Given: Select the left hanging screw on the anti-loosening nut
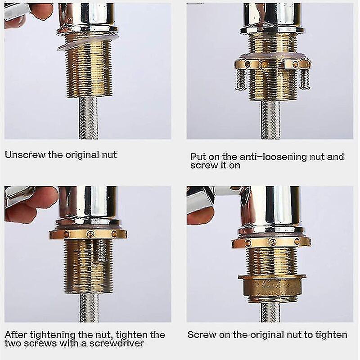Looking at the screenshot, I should [x=242, y=78].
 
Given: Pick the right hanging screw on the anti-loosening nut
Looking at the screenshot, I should [x=305, y=76].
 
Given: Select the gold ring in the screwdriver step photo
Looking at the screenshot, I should [x=88, y=234].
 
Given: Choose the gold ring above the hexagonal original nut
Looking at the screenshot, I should [x=271, y=242].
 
